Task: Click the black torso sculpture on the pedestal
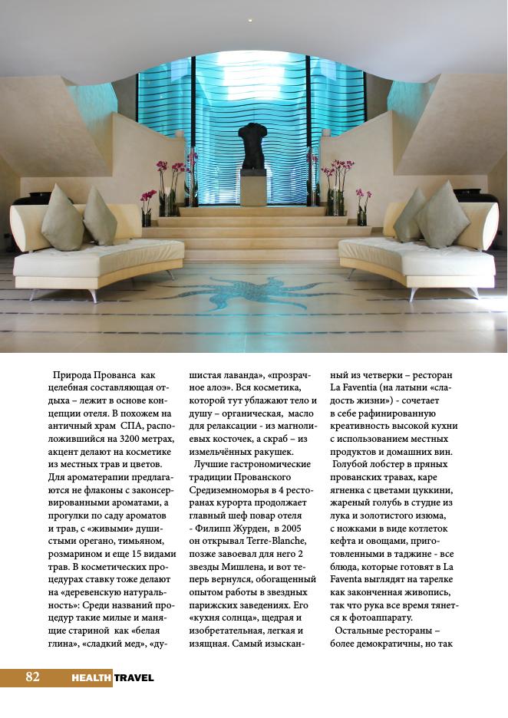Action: coord(252,146)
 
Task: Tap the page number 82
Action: coord(32,677)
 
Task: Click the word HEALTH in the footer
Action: coord(91,678)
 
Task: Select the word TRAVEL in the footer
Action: coord(134,678)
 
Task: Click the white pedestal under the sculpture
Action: coord(252,187)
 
